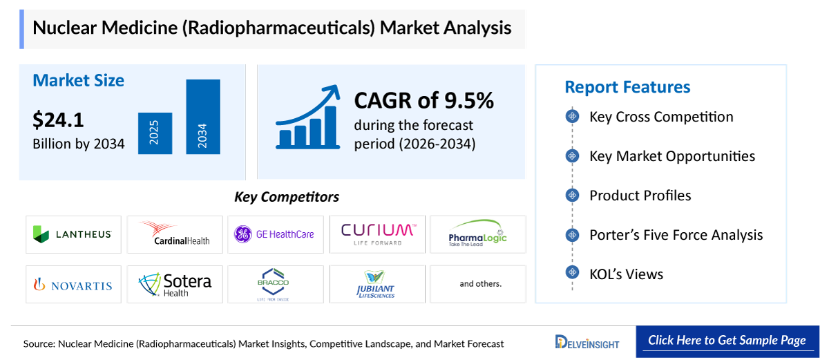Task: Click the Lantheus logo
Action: coord(73,234)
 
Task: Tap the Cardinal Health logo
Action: coord(173,234)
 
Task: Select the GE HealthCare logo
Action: coord(275,234)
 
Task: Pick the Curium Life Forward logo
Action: coord(377,234)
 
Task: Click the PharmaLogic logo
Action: coord(477,234)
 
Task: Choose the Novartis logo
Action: coord(73,284)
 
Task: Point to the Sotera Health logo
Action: coord(173,284)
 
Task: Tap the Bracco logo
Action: coord(275,284)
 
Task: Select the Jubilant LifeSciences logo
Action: coord(377,284)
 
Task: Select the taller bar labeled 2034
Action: coord(202,117)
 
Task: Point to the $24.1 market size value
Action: coord(58,120)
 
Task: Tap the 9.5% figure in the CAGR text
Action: coord(468,101)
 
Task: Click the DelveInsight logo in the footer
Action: coord(587,343)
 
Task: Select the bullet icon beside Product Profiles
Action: coord(572,196)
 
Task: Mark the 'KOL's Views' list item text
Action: coord(626,274)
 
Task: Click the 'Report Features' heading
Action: coord(627,87)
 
